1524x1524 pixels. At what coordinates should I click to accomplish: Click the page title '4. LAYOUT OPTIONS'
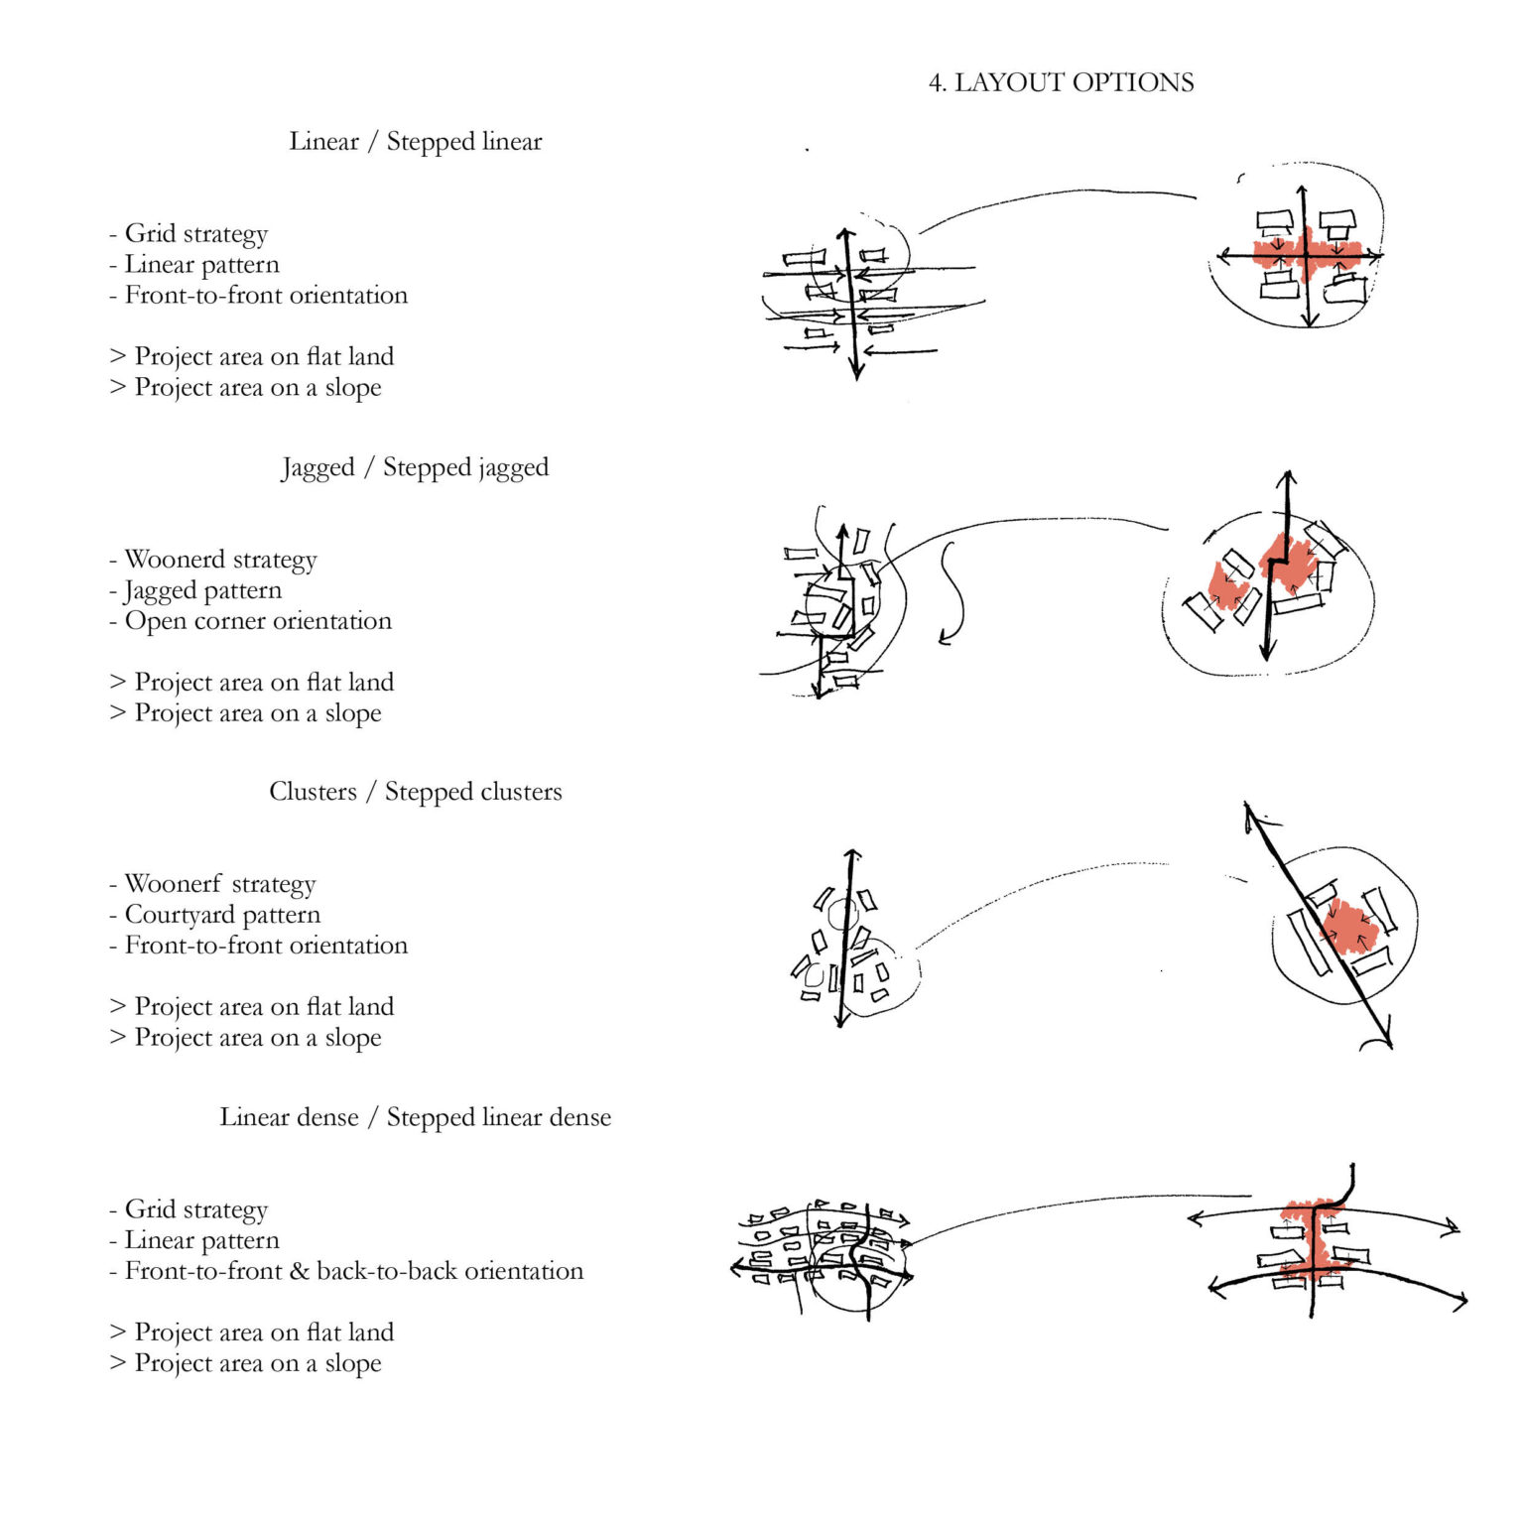pos(1061,82)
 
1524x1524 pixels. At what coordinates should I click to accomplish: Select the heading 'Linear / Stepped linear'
pos(416,141)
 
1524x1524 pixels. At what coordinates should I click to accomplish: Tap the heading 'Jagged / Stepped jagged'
pos(415,466)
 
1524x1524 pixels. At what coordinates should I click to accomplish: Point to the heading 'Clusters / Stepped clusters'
pos(415,792)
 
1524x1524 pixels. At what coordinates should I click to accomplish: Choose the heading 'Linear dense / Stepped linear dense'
pos(415,1117)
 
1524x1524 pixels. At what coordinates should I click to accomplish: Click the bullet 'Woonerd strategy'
pos(220,560)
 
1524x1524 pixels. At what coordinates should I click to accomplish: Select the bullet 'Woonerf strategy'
pos(220,884)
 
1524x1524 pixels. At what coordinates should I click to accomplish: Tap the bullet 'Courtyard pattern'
pos(222,915)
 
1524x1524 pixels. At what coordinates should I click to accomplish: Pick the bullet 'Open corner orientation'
pos(258,621)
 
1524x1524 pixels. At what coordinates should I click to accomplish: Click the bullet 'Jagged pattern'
pos(202,590)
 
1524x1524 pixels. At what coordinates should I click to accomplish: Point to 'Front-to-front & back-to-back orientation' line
pos(353,1271)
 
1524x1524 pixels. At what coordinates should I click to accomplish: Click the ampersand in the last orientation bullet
pos(300,1271)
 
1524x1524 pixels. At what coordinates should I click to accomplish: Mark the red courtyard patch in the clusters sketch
pos(1348,925)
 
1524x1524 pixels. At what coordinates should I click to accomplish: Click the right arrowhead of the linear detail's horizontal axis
pos(1377,256)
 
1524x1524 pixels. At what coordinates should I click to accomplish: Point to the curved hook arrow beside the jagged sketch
pos(952,595)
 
